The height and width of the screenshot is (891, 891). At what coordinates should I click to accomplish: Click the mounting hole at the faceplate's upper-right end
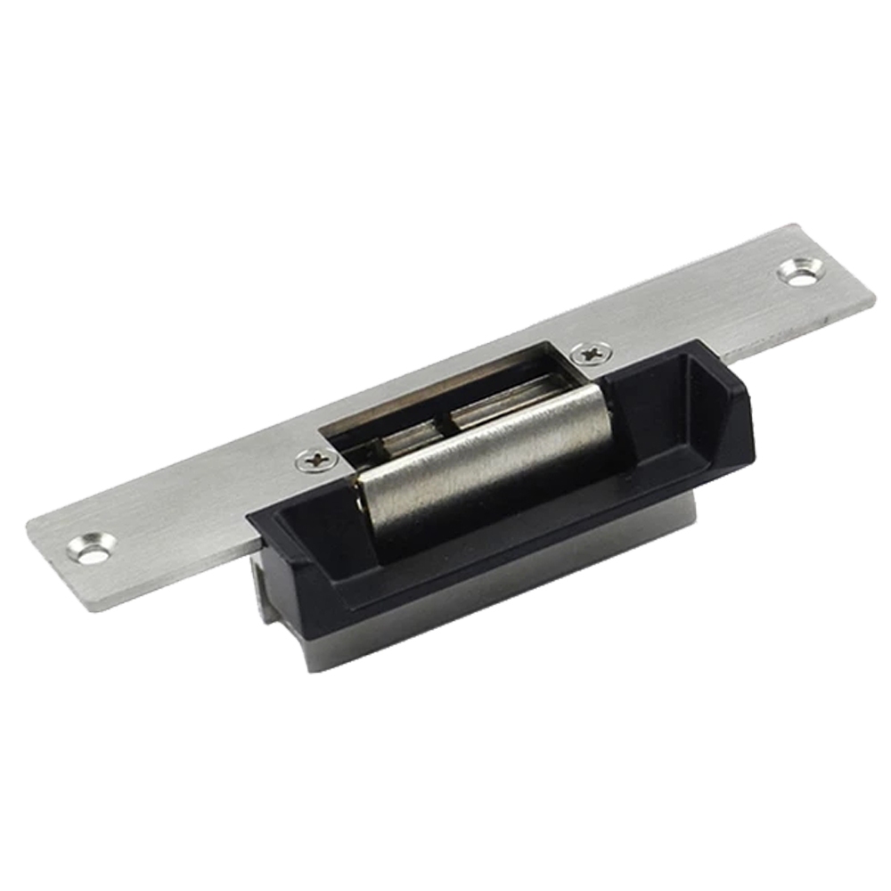(799, 270)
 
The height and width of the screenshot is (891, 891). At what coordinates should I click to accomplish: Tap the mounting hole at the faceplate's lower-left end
(92, 548)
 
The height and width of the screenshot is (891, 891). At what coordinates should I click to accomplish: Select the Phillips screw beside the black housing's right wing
(590, 353)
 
